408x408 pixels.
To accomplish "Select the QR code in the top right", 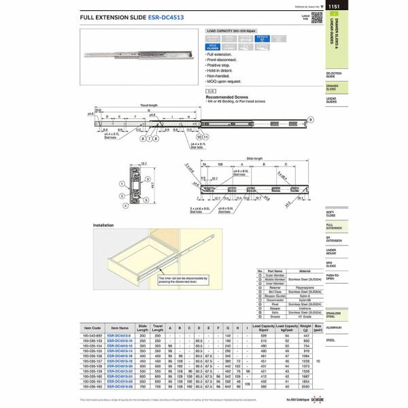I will tap(316, 17).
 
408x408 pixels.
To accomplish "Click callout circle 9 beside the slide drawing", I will tap(309, 119).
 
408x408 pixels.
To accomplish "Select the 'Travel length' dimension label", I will tap(149, 105).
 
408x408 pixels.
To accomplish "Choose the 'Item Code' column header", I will tap(92, 328).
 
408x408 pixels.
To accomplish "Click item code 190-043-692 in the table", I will tap(92, 336).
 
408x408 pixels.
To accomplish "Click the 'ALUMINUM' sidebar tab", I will tap(333, 327).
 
